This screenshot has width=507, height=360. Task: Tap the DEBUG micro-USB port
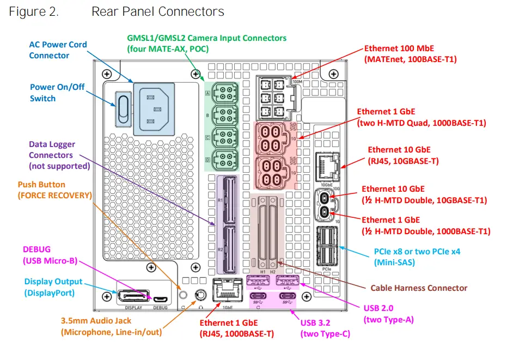(160, 299)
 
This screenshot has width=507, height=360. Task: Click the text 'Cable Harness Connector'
(419, 288)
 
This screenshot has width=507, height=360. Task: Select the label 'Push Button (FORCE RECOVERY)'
(54, 190)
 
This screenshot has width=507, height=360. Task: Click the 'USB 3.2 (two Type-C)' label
(325, 328)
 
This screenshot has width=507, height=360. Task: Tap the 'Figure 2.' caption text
(34, 11)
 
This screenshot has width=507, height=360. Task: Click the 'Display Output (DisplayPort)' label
(53, 287)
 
